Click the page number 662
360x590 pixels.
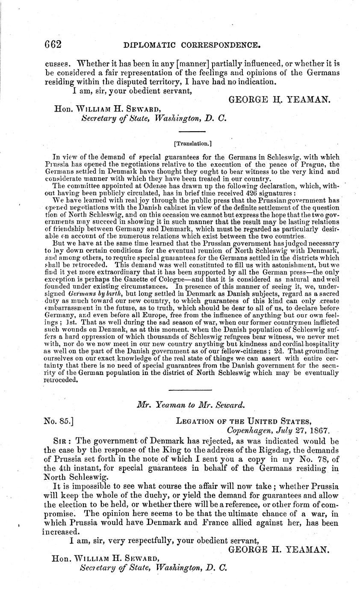(x=53, y=44)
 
